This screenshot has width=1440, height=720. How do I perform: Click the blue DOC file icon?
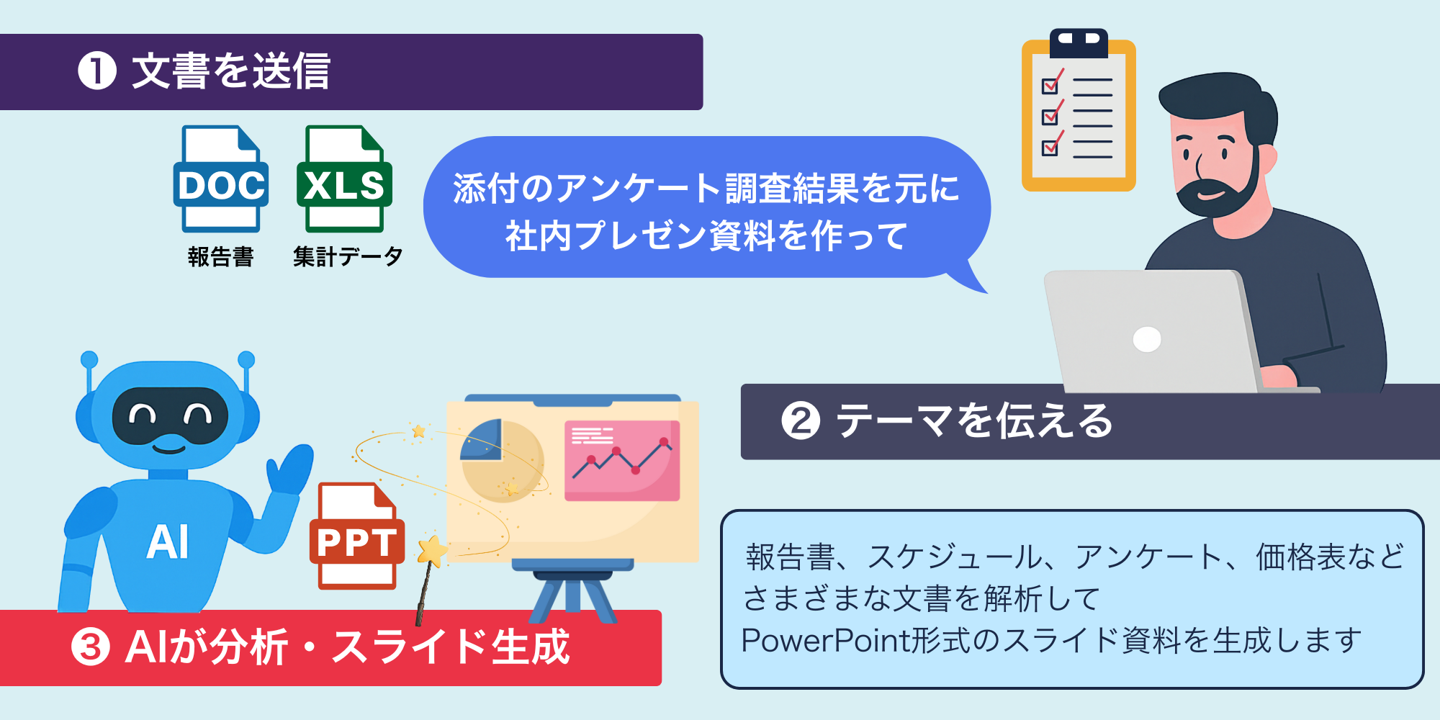tap(220, 179)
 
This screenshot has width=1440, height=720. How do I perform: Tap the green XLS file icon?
tap(344, 179)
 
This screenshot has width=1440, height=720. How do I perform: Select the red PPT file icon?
tap(356, 536)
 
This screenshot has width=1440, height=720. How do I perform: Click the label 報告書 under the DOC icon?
tap(220, 257)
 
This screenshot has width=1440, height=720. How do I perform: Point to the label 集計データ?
tap(348, 257)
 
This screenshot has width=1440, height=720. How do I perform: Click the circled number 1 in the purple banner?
tap(97, 71)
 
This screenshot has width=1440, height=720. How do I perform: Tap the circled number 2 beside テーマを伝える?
tap(801, 421)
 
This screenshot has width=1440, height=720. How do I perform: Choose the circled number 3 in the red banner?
tap(91, 647)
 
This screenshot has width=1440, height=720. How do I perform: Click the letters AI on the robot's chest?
tap(168, 542)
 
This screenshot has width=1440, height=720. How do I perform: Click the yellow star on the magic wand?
tap(433, 552)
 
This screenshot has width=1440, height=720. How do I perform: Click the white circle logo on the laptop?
tap(1146, 339)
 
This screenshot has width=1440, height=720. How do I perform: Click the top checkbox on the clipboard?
tap(1050, 85)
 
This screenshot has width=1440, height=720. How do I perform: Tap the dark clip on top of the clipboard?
tap(1079, 42)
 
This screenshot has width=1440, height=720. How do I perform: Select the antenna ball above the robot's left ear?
tap(89, 359)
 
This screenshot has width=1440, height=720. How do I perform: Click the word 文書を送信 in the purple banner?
tap(230, 71)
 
